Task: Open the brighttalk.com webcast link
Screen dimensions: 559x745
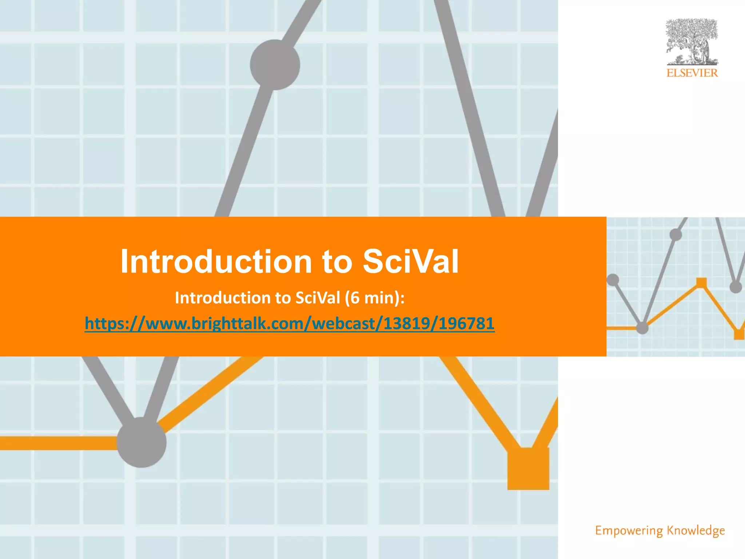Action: coord(290,323)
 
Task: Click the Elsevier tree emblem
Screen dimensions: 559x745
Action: coord(692,42)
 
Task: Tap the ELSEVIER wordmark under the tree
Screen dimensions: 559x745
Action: coord(692,73)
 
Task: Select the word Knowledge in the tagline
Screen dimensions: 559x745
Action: coord(696,531)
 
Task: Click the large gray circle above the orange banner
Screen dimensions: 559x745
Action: coord(275,65)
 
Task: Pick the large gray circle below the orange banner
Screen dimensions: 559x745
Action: coord(142,442)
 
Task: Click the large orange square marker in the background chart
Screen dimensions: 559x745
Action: coord(528,469)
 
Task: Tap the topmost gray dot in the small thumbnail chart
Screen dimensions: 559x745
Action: coord(676,235)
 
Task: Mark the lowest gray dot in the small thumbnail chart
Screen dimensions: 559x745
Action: coord(642,328)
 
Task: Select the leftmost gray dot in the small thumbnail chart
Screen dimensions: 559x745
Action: coord(613,280)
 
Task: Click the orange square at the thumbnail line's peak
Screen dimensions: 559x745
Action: coord(701,283)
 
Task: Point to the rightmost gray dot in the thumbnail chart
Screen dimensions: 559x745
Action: coord(736,287)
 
